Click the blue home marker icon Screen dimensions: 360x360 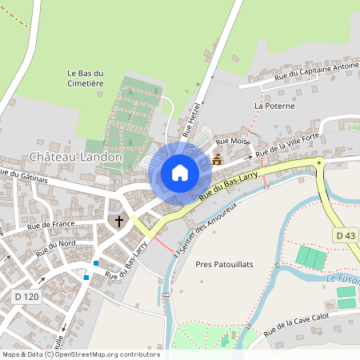pyautogui.click(x=180, y=172)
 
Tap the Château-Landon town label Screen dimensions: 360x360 pyautogui.click(x=76, y=157)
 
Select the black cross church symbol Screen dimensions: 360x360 pyautogui.click(x=119, y=221)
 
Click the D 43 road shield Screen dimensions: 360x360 pyautogui.click(x=345, y=235)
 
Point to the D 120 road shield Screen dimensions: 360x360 pyautogui.click(x=26, y=297)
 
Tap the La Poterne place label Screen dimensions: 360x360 pyautogui.click(x=274, y=106)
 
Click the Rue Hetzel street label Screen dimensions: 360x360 pyautogui.click(x=193, y=120)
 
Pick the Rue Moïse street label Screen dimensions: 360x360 pyautogui.click(x=233, y=142)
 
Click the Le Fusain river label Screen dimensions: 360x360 pyautogui.click(x=342, y=279)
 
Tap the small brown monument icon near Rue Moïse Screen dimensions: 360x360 pyautogui.click(x=217, y=158)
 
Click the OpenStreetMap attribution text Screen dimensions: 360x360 pyautogui.click(x=80, y=354)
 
